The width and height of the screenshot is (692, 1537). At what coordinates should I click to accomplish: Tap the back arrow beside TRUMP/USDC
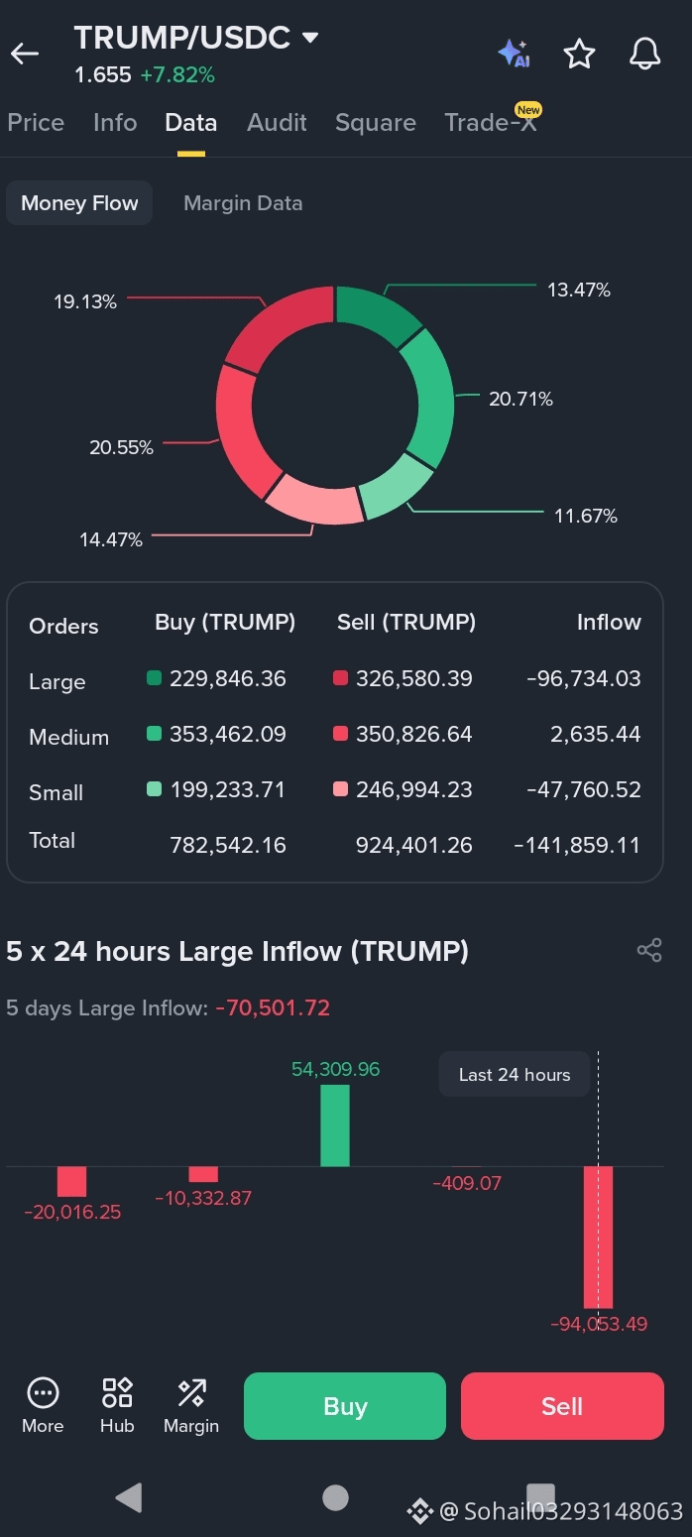[x=25, y=54]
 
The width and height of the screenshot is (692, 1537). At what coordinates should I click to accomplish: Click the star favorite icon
[x=579, y=54]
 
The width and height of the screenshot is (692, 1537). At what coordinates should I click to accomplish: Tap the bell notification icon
[x=644, y=54]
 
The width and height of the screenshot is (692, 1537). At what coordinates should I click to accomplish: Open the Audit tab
[x=277, y=122]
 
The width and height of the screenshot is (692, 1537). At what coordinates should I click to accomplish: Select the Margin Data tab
[x=243, y=203]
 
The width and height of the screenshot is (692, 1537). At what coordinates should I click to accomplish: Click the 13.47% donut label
[x=579, y=290]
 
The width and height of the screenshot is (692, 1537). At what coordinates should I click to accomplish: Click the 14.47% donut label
[x=111, y=539]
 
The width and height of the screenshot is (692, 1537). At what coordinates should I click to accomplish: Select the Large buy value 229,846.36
[x=228, y=678]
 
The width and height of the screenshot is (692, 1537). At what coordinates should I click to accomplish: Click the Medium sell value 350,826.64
[x=413, y=734]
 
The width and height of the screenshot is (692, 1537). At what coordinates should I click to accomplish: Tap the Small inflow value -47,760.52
[x=584, y=789]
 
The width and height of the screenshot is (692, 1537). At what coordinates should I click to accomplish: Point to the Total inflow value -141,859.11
[x=577, y=845]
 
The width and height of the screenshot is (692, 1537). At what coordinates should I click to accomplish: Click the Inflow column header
[x=609, y=623]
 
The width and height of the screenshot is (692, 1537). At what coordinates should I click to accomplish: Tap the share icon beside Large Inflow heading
[x=649, y=950]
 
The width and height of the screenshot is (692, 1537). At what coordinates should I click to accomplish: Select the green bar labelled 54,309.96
[x=335, y=1125]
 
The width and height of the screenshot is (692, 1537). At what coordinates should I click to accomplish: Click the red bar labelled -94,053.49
[x=598, y=1238]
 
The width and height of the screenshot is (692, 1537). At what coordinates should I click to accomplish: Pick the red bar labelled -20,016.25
[x=71, y=1182]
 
